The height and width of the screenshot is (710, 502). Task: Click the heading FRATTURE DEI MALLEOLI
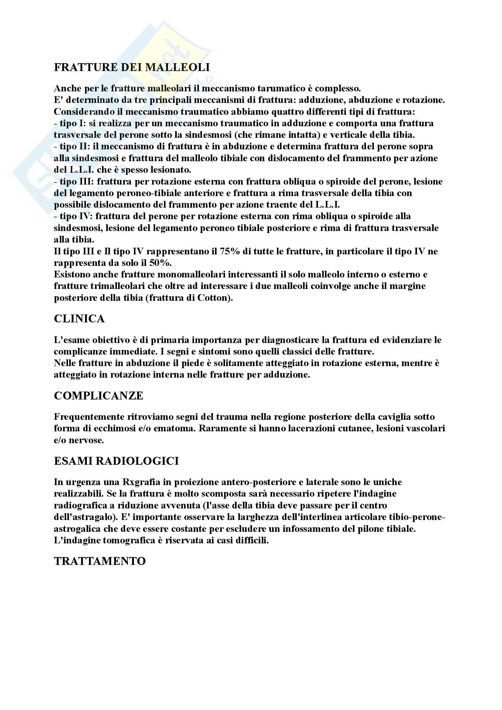pyautogui.click(x=132, y=67)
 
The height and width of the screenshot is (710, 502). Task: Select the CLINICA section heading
pyautogui.click(x=79, y=319)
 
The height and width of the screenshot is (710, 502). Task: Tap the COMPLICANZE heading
pyautogui.click(x=98, y=396)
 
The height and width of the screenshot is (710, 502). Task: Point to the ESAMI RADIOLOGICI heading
pyautogui.click(x=116, y=461)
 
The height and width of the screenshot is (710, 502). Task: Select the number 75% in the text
pyautogui.click(x=230, y=251)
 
